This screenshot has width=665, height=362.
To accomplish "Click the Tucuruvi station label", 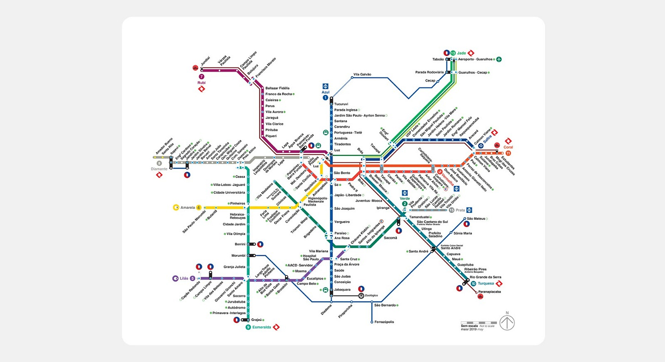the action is [342, 104].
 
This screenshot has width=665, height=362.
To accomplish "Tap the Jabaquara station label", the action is [342, 289].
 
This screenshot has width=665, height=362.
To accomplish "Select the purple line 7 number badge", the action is [201, 76].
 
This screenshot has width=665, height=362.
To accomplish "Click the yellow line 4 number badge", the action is [199, 207].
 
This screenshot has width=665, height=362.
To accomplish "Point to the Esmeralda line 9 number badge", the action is [248, 327].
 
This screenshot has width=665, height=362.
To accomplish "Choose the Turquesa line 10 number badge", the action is [474, 284].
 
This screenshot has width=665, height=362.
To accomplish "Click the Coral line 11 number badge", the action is [508, 153].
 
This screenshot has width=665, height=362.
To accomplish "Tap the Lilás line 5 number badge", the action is [193, 278].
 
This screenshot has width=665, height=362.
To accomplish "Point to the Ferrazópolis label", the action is [384, 322].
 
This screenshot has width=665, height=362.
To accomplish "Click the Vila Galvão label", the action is [362, 74].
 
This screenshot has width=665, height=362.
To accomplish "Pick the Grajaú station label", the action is [257, 320].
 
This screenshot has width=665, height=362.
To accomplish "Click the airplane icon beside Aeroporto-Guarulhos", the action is [499, 59].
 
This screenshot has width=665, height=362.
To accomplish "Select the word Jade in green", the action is [464, 53].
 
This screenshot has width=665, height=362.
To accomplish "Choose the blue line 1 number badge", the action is [325, 98].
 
